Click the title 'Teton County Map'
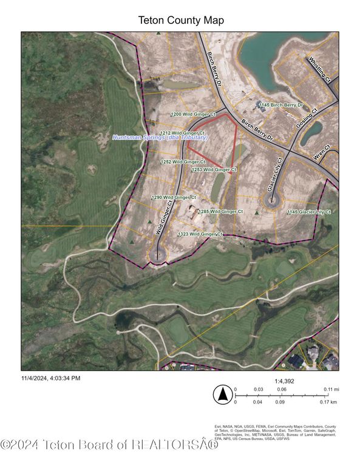(180, 21)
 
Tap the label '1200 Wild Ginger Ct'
(194, 114)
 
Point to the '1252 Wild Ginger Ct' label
(183, 162)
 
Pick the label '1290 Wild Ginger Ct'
(174, 197)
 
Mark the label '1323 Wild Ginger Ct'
(201, 234)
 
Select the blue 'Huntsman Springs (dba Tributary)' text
(160, 138)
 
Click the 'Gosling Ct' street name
(308, 121)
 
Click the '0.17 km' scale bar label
(328, 402)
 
